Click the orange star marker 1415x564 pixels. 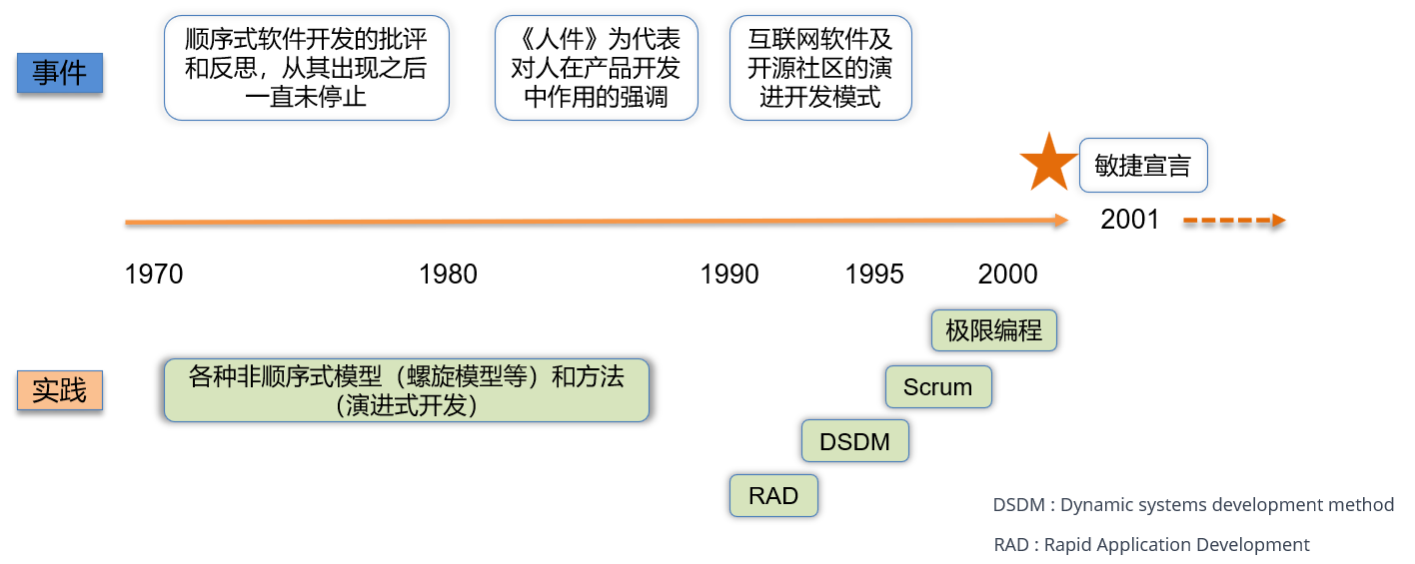1048,164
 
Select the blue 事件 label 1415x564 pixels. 60,73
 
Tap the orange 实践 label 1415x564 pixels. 60,390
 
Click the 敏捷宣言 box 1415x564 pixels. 1143,166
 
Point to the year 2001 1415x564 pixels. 1129,220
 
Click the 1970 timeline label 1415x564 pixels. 154,274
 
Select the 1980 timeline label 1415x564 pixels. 448,274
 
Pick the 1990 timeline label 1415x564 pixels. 729,274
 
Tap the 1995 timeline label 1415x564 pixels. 874,274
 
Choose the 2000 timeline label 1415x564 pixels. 1007,274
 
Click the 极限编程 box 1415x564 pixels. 993,330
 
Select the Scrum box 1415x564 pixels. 937,387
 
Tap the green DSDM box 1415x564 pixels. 854,441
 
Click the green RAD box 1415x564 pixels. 773,496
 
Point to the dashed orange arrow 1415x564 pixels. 1233,221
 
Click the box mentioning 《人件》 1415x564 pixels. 596,68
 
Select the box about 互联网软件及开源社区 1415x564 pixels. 820,68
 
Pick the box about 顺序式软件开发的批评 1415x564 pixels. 306,68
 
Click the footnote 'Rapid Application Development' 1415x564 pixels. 1151,545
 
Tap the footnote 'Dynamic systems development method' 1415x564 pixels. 1193,505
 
